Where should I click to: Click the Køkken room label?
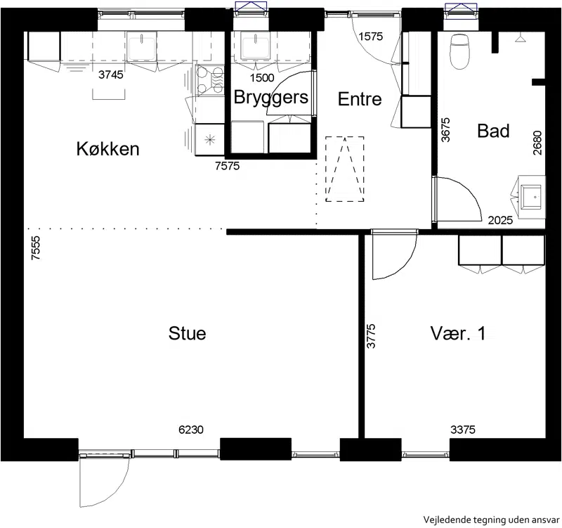point(108,148)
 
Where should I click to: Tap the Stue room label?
point(187,333)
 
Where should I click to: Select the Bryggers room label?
point(271,98)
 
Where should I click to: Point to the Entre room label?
point(360,99)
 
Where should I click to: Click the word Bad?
point(493,131)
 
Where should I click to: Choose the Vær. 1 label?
point(458,333)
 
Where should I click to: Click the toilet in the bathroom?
point(459,51)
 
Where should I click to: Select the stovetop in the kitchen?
point(209,81)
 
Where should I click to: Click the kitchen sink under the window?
point(142,46)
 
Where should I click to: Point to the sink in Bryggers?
point(256,46)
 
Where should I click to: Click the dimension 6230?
point(191,430)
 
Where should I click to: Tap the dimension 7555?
point(36,248)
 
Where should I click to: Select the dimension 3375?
point(463,430)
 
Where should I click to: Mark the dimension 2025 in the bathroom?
point(500,220)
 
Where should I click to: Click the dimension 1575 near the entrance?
point(371,37)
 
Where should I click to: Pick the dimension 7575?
point(227,166)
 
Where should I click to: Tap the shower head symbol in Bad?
point(521,39)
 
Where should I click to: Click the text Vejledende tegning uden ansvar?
point(491,520)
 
